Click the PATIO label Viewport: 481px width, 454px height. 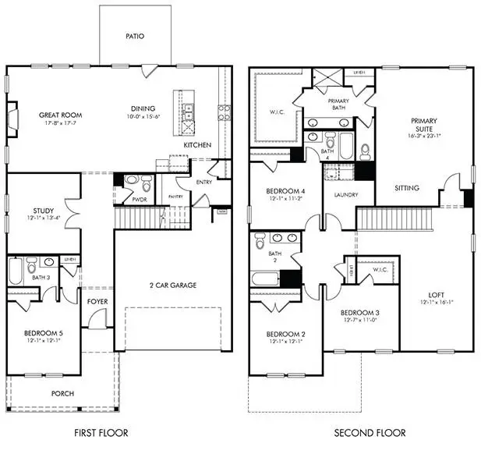(136, 36)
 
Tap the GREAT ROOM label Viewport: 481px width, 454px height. (61, 115)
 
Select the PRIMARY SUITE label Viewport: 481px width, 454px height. (424, 126)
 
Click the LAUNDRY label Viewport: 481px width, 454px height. (345, 194)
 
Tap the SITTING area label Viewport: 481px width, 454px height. (407, 188)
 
